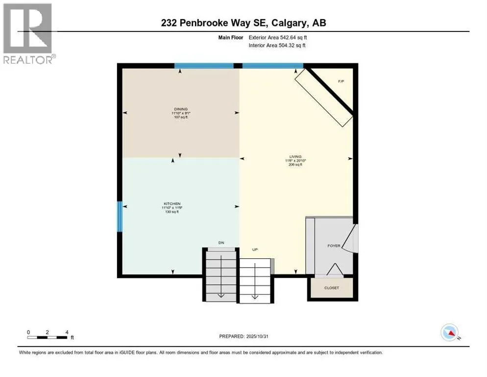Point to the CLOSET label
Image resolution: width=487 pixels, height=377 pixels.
pos(332,288)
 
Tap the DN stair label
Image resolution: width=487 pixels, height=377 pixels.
pos(221,242)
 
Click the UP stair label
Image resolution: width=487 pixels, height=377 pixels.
pos(255,250)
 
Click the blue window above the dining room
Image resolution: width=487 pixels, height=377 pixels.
pos(204,65)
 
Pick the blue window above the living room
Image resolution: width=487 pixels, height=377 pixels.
pos(272,65)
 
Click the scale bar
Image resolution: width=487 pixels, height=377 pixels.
pos(48,337)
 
